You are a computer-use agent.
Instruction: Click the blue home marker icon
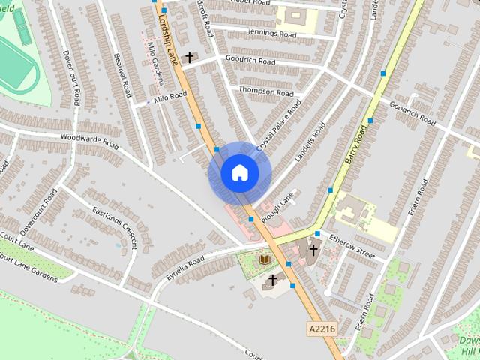click(x=239, y=173)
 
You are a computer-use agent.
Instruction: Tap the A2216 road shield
click(x=321, y=328)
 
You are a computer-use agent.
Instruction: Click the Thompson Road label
click(x=266, y=91)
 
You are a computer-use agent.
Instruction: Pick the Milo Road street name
click(x=169, y=97)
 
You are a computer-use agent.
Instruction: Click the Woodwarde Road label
click(x=90, y=139)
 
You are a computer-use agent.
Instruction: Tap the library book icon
click(x=263, y=259)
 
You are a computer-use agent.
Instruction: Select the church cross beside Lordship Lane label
click(x=190, y=57)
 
